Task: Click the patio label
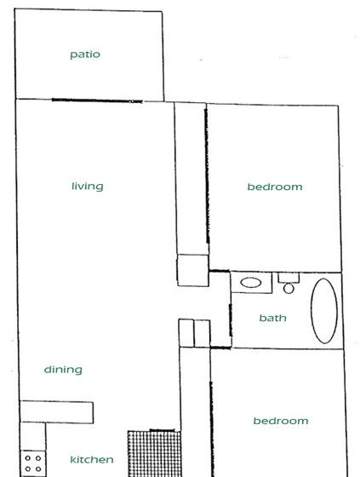pos(85,55)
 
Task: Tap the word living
pos(88,187)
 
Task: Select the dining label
pos(63,370)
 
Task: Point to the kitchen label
pos(92,459)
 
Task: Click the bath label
pos(272,318)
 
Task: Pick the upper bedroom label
pos(275,187)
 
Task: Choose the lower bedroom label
pos(281,421)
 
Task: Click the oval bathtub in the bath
pos(324,311)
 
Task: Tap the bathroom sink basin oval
pos(251,283)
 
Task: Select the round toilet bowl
pos(289,289)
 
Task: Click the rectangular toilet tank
pos(289,278)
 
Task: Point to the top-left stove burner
pos(28,458)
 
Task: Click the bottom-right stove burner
pos(38,469)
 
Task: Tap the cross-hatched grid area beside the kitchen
pos(154,454)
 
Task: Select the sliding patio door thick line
pos(97,101)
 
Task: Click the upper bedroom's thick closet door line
pos(207,175)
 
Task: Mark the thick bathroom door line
pos(230,319)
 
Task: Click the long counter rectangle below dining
pos(56,412)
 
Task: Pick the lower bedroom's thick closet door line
pos(212,429)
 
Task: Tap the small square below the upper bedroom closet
pos(193,270)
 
